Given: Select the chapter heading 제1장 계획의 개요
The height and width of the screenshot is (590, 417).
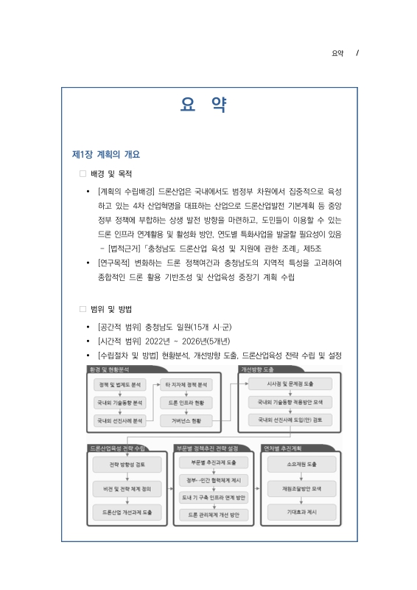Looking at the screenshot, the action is (105, 155).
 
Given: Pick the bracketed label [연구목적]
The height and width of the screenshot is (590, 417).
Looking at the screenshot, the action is (116, 263).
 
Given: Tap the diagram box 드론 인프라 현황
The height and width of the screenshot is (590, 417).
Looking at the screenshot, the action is (186, 403).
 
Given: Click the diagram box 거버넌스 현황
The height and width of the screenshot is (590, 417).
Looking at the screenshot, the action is (186, 420).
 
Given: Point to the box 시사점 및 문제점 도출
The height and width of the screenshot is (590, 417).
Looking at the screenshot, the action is (290, 384).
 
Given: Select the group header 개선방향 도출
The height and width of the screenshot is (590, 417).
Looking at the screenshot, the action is (258, 368).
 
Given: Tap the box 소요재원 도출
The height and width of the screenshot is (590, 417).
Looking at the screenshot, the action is (301, 465).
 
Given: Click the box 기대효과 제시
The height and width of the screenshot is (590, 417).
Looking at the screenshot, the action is (301, 511).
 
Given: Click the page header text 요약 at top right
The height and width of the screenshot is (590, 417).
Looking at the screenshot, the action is (338, 53).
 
